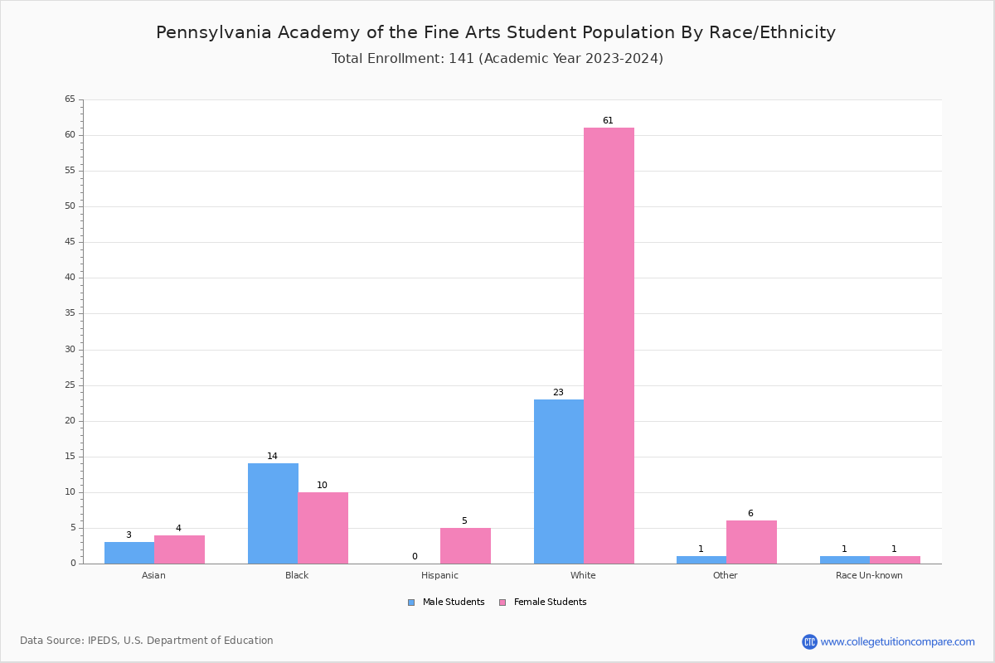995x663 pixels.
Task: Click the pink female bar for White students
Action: tap(609, 346)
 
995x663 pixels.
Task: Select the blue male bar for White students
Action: tap(559, 482)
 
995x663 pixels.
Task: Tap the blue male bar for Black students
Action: tap(273, 513)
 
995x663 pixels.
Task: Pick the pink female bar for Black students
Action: tap(323, 528)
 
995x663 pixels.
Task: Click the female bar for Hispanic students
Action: tap(465, 545)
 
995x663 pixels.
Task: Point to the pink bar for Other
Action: tap(751, 542)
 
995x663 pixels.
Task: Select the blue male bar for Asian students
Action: tap(129, 553)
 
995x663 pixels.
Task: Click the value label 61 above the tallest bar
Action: tap(608, 121)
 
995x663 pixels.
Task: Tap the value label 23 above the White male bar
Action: tap(558, 393)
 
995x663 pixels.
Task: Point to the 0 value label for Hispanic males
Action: tap(415, 557)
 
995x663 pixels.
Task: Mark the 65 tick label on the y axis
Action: tap(70, 99)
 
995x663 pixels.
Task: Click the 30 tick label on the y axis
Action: tap(70, 350)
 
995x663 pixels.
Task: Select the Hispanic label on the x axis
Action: tap(439, 575)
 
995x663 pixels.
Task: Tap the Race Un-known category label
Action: tap(869, 575)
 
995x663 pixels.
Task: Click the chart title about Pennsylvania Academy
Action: tap(496, 32)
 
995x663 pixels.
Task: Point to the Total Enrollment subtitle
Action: tap(498, 59)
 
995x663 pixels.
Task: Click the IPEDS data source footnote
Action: tap(147, 641)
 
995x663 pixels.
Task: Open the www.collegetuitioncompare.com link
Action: tap(897, 641)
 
